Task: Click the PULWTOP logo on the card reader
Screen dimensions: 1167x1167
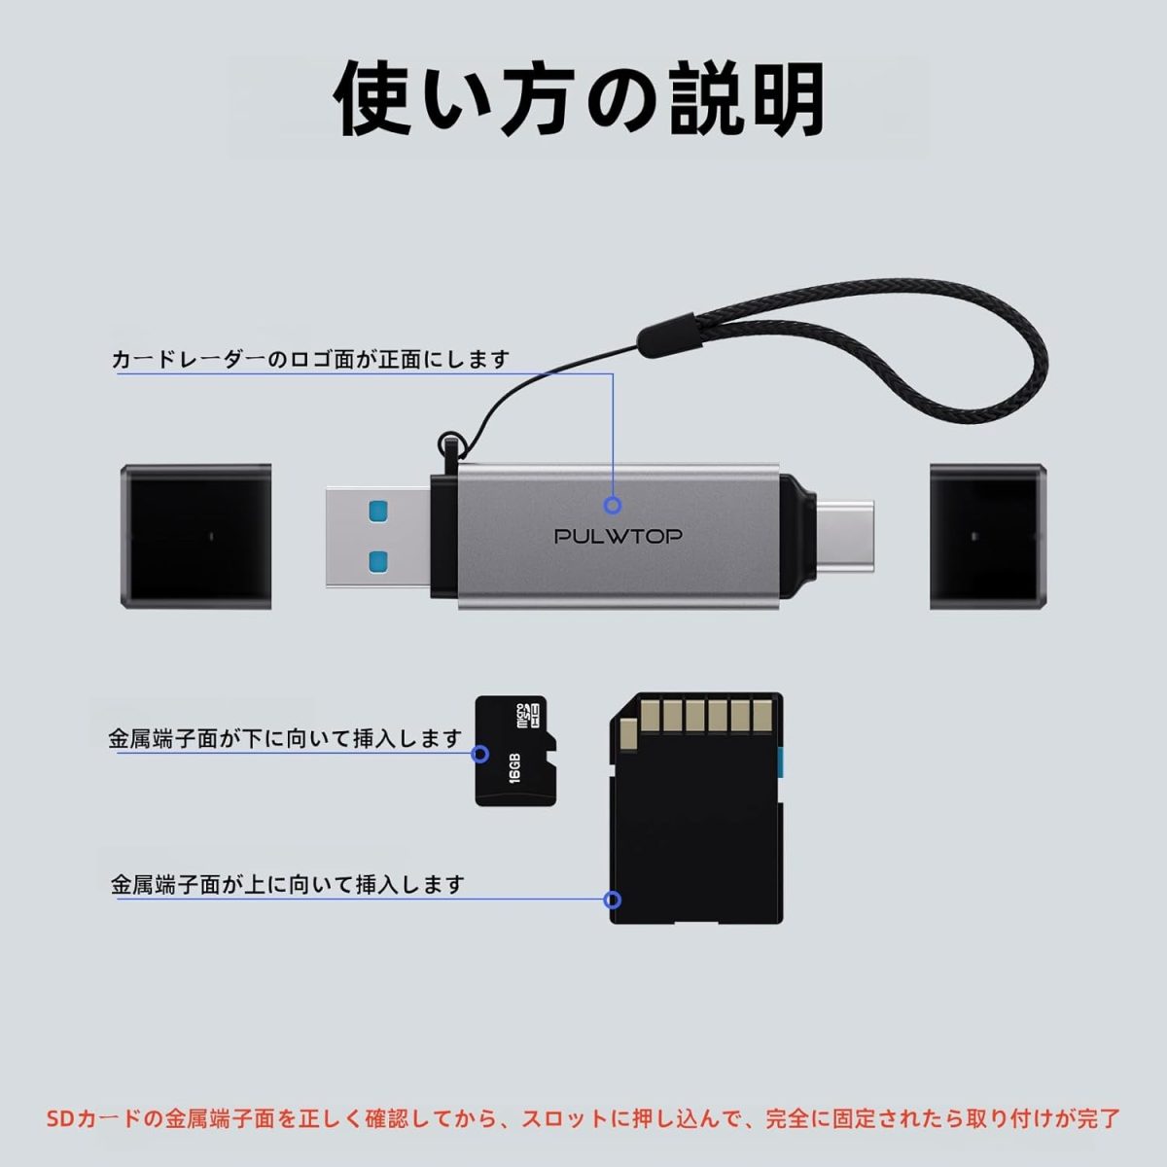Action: pyautogui.click(x=619, y=536)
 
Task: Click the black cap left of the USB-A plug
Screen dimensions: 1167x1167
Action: pyautogui.click(x=195, y=536)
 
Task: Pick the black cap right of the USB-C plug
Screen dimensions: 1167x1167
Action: pyautogui.click(x=988, y=536)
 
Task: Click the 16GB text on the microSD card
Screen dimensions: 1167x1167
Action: pyautogui.click(x=514, y=766)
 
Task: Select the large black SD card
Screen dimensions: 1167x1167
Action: pyautogui.click(x=696, y=809)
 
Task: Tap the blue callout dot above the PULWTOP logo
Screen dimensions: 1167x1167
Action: pyautogui.click(x=613, y=505)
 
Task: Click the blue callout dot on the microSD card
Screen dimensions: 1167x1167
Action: pyautogui.click(x=479, y=754)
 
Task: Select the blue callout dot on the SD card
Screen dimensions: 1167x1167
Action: pyautogui.click(x=614, y=900)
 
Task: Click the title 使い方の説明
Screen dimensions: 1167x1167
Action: pyautogui.click(x=580, y=100)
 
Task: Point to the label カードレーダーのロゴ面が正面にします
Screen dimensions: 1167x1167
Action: pyautogui.click(x=311, y=360)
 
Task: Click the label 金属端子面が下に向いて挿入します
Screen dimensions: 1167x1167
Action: pyautogui.click(x=284, y=738)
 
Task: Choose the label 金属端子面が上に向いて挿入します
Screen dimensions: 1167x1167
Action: pyautogui.click(x=288, y=885)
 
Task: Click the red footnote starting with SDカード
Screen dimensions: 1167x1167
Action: pyautogui.click(x=583, y=1118)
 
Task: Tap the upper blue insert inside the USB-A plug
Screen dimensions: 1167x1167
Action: pyautogui.click(x=378, y=509)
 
